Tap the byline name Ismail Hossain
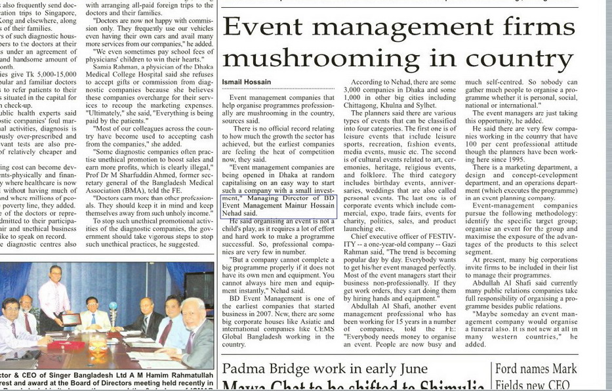tap(246, 82)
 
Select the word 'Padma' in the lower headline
tap(243, 369)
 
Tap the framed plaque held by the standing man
tap(70, 319)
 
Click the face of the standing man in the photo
tap(56, 272)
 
